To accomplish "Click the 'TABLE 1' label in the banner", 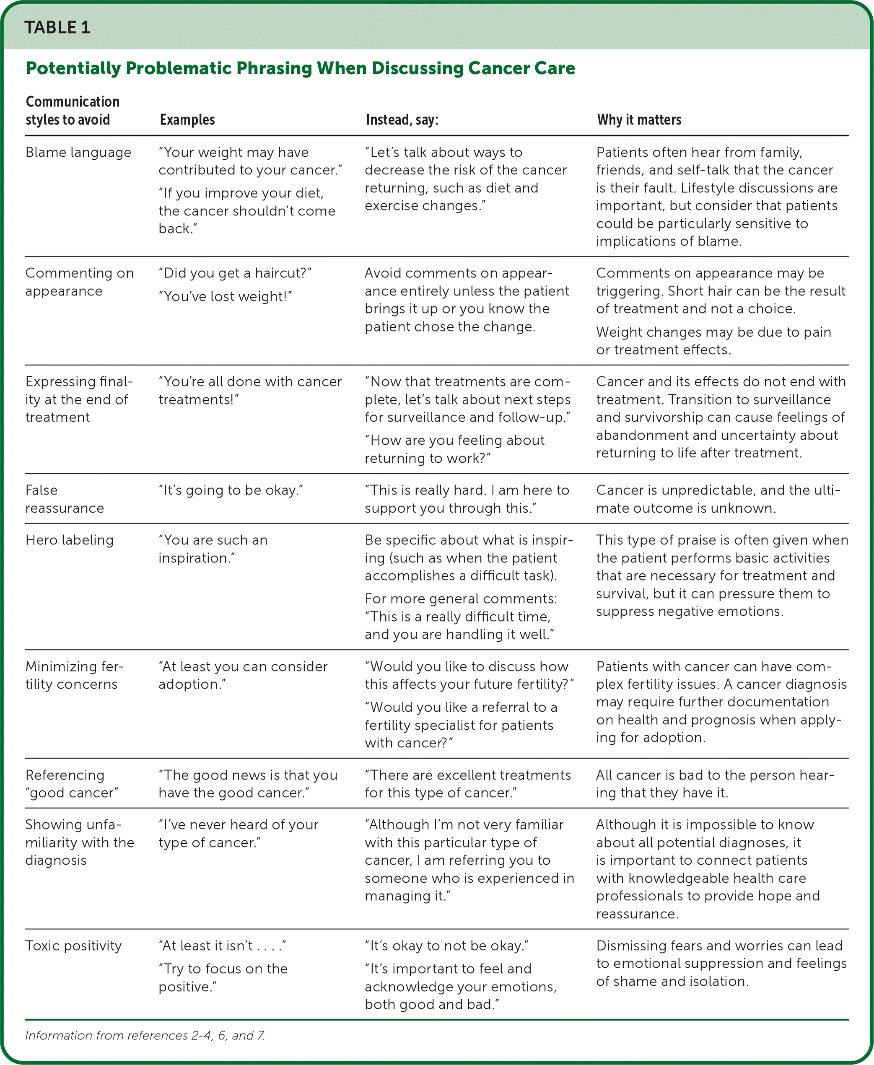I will click(57, 27).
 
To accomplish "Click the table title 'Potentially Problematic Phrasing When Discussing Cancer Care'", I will click(300, 68).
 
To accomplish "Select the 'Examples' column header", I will click(187, 120).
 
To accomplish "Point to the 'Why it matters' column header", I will click(639, 120).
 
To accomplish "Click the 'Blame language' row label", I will click(78, 152).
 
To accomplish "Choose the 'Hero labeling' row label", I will click(70, 540).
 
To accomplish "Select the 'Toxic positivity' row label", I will click(73, 946).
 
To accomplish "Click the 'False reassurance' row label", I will click(65, 499).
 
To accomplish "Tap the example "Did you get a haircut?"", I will click(235, 273).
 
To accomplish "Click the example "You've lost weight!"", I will click(226, 296).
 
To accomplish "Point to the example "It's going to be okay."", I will click(231, 490).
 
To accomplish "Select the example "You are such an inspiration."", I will click(213, 549).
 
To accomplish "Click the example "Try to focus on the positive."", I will click(223, 978).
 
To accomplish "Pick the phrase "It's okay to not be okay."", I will click(446, 946).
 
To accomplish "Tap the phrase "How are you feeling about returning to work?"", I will click(454, 449).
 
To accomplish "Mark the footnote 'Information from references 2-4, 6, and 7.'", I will click(145, 1035).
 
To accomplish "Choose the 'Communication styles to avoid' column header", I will click(73, 111).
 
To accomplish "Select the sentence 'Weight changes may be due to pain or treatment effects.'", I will click(713, 341).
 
